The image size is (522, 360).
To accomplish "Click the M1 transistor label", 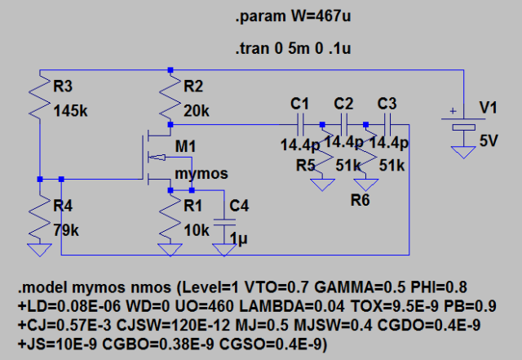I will click(x=186, y=147).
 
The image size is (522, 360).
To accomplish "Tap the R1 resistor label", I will click(x=193, y=207).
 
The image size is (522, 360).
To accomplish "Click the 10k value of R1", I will click(x=196, y=231).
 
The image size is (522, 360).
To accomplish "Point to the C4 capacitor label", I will click(x=239, y=207).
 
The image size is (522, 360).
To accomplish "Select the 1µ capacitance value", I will click(x=237, y=240).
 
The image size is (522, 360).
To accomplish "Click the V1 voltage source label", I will click(x=488, y=108).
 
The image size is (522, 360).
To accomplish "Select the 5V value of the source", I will click(x=489, y=140).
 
